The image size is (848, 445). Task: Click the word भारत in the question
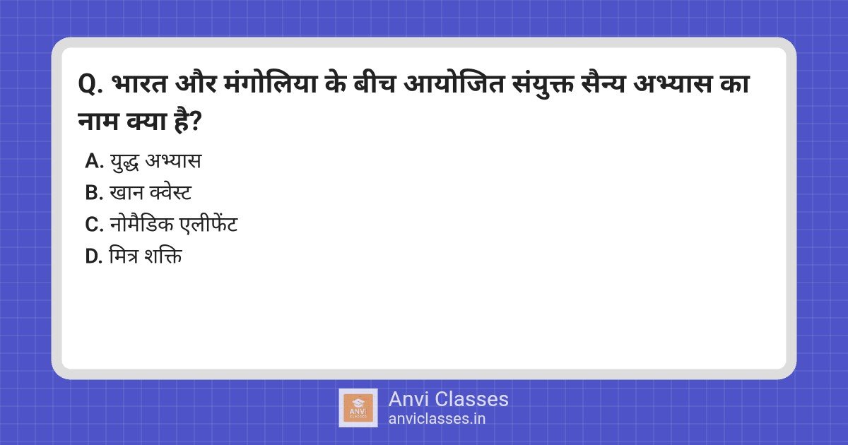[140, 83]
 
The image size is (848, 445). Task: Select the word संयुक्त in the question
[542, 83]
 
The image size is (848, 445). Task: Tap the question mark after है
[195, 121]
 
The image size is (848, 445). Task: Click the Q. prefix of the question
[90, 84]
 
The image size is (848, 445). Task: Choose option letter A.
[94, 161]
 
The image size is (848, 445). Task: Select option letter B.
[94, 193]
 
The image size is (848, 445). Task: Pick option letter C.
[94, 224]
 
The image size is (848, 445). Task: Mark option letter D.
[94, 256]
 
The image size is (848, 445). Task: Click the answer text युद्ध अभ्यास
[155, 162]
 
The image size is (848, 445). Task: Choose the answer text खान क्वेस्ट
[151, 192]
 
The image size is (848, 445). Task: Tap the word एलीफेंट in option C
[209, 223]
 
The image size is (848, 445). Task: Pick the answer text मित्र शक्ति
[146, 255]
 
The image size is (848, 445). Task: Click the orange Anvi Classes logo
[358, 408]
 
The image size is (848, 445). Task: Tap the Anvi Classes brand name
[448, 399]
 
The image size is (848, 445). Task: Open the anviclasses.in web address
[437, 419]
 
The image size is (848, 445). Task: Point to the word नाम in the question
[98, 121]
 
